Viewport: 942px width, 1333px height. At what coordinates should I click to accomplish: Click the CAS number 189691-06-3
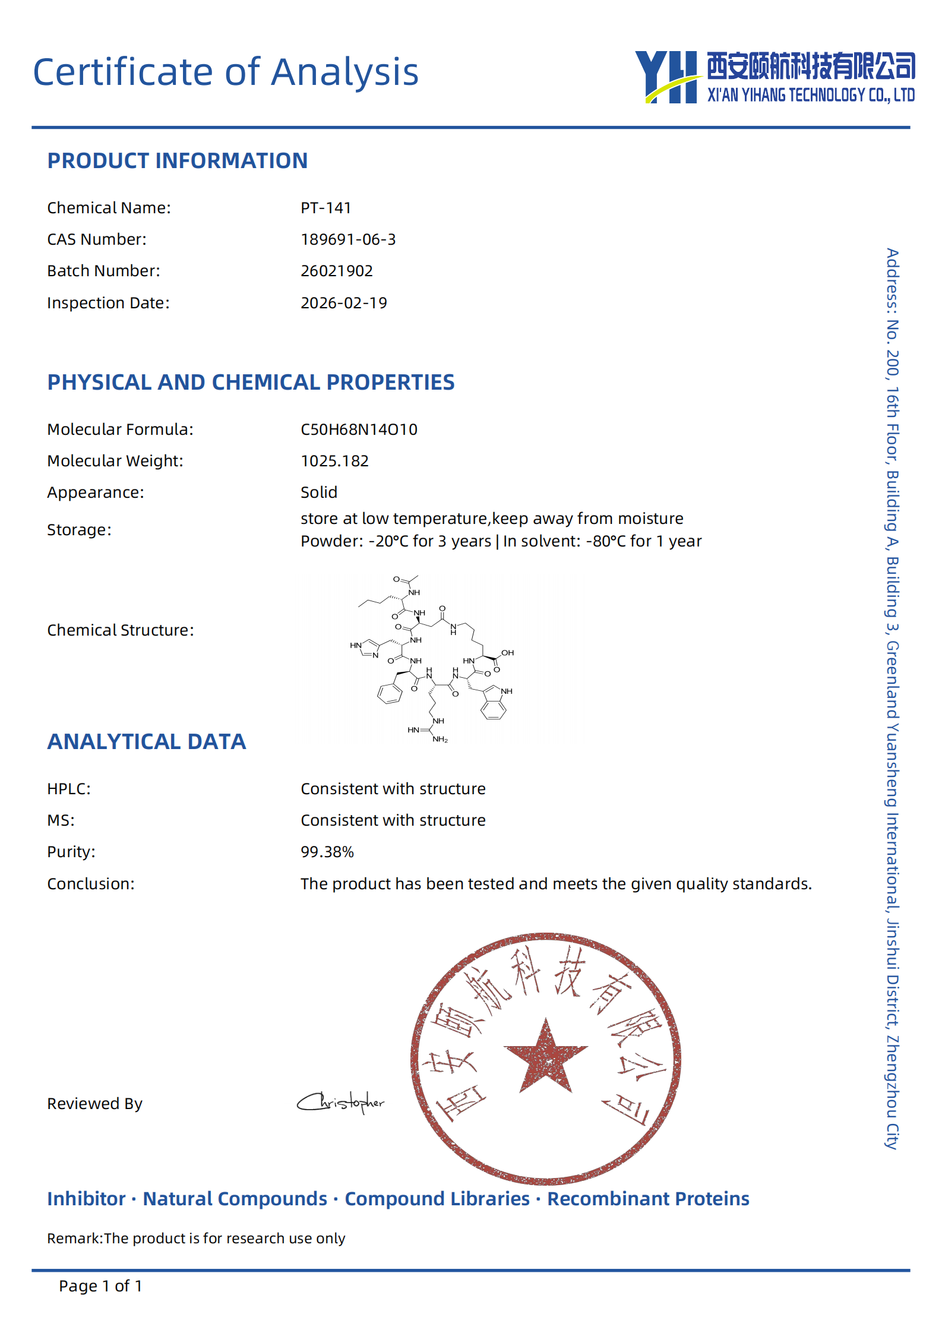pyautogui.click(x=348, y=239)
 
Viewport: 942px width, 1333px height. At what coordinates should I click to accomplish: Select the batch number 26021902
pyautogui.click(x=336, y=271)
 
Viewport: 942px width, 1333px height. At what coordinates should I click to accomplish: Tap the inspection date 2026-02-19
pyautogui.click(x=343, y=303)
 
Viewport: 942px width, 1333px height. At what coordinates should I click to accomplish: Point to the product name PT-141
pyautogui.click(x=325, y=208)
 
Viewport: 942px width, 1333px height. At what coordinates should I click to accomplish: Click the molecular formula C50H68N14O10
pyautogui.click(x=359, y=429)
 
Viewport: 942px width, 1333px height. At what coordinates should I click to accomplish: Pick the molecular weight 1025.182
pyautogui.click(x=334, y=461)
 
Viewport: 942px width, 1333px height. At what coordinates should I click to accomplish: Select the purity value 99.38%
pyautogui.click(x=327, y=852)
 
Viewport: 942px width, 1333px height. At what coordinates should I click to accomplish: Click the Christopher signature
pyautogui.click(x=341, y=1103)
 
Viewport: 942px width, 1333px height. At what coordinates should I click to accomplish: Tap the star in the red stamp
pyautogui.click(x=546, y=1058)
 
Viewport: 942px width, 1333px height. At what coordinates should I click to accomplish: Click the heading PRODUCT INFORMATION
pyautogui.click(x=178, y=161)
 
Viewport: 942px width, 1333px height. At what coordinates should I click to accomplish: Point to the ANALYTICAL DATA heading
pyautogui.click(x=146, y=742)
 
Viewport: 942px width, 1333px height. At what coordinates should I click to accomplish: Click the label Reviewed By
pyautogui.click(x=95, y=1104)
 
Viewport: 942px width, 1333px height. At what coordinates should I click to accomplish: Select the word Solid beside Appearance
pyautogui.click(x=319, y=492)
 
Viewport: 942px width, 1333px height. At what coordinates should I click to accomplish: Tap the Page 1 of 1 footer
pyautogui.click(x=100, y=1286)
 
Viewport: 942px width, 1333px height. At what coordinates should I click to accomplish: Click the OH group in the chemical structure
pyautogui.click(x=507, y=653)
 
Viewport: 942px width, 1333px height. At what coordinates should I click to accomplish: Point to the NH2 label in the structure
pyautogui.click(x=440, y=740)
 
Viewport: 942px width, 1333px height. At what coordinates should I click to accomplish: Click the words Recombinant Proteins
pyautogui.click(x=648, y=1199)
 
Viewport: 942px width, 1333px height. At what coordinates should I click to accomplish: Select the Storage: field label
pyautogui.click(x=79, y=530)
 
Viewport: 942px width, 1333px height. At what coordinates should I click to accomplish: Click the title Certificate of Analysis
pyautogui.click(x=226, y=72)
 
